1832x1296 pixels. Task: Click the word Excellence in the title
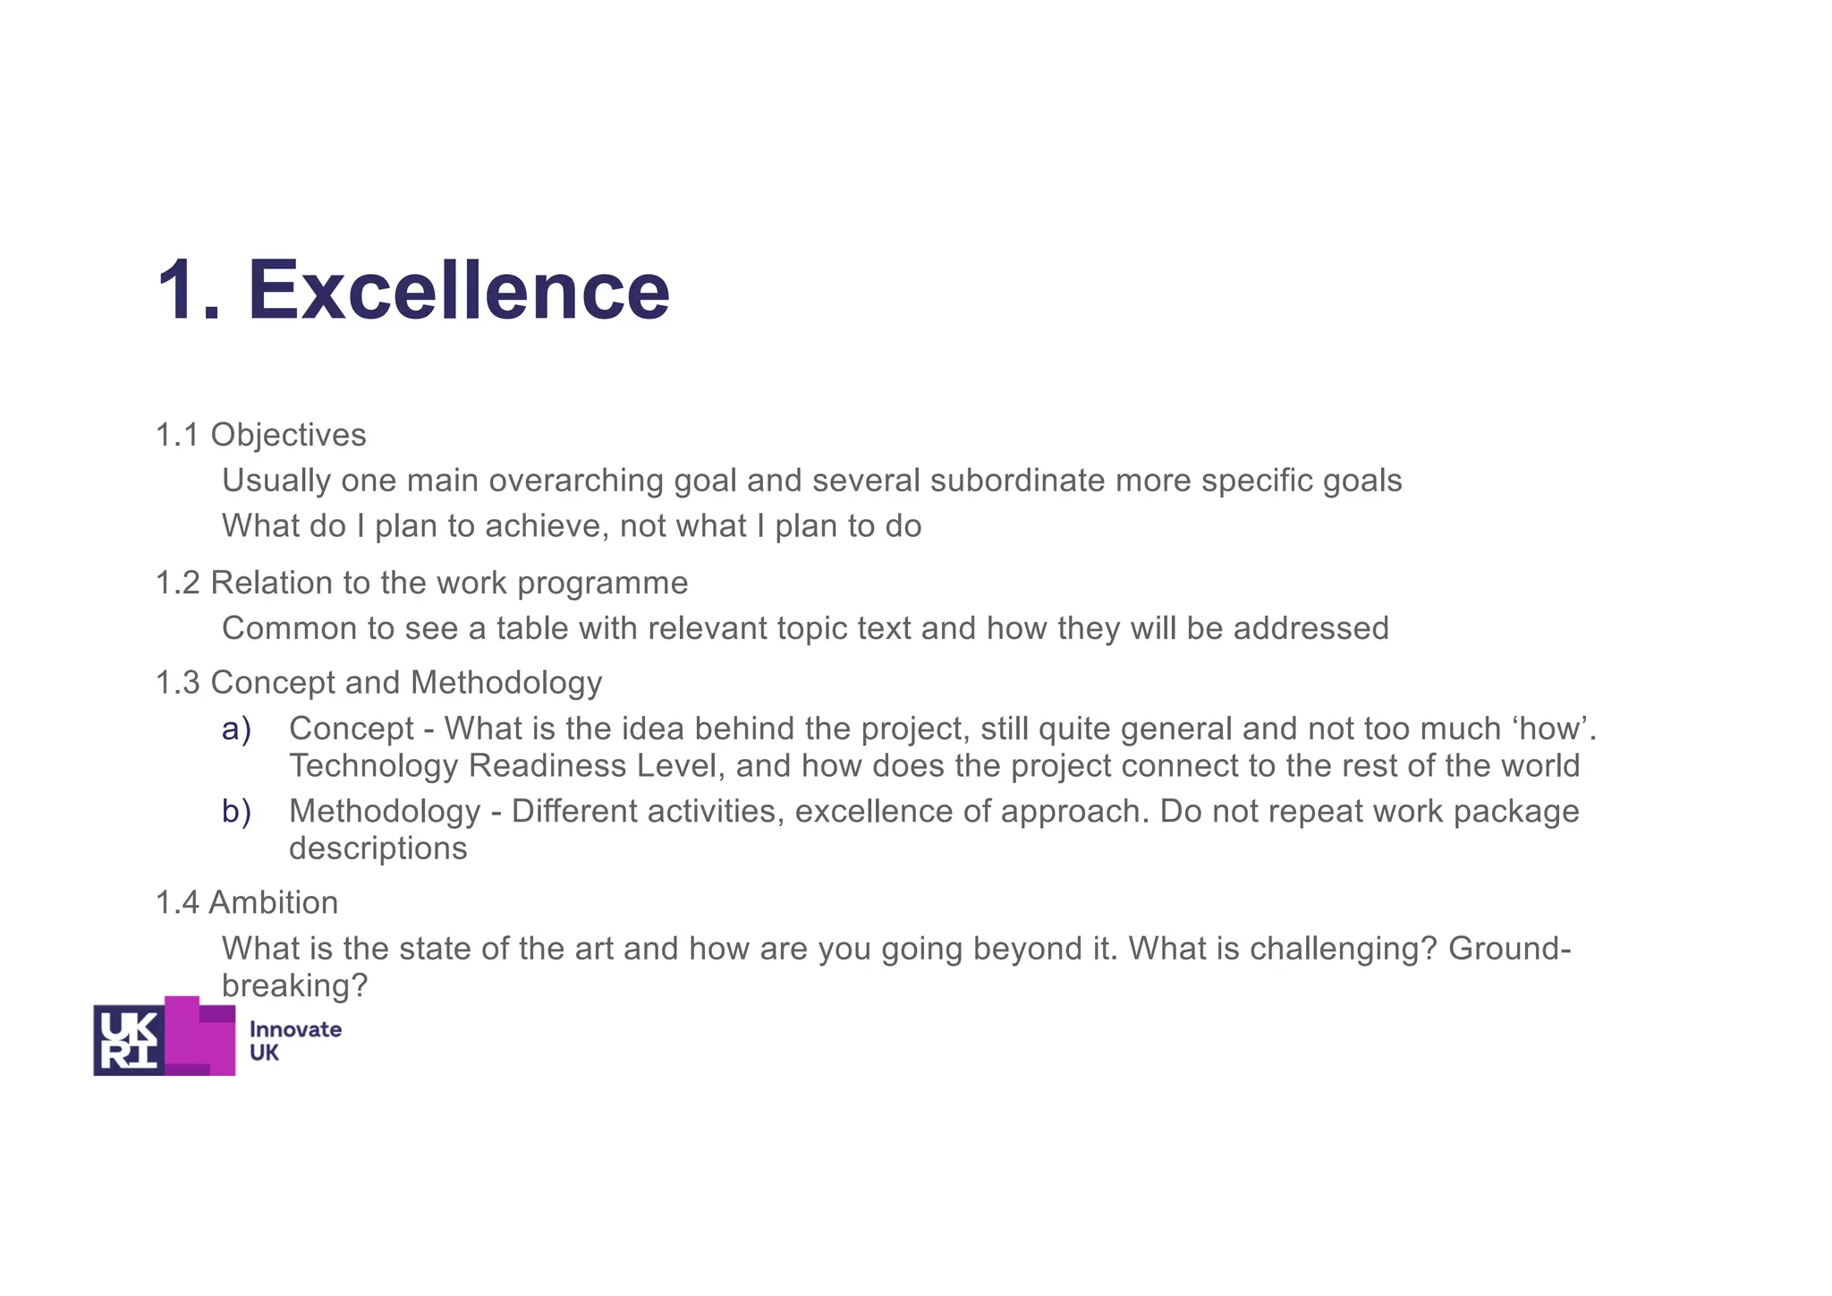[x=458, y=290]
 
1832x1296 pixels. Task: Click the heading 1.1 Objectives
[x=260, y=435]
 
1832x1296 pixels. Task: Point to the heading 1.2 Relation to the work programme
[x=421, y=583]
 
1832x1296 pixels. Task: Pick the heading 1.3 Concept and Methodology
[x=378, y=682]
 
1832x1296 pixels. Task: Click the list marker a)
[x=236, y=729]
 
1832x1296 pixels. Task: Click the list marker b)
[x=236, y=811]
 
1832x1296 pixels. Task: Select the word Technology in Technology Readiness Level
[x=373, y=766]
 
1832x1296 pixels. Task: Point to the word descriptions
[x=377, y=848]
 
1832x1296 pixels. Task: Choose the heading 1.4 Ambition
[x=247, y=902]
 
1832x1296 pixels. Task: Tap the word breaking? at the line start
[x=294, y=985]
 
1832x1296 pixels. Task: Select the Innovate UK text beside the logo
[x=294, y=1041]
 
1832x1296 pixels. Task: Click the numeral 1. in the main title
[x=188, y=290]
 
